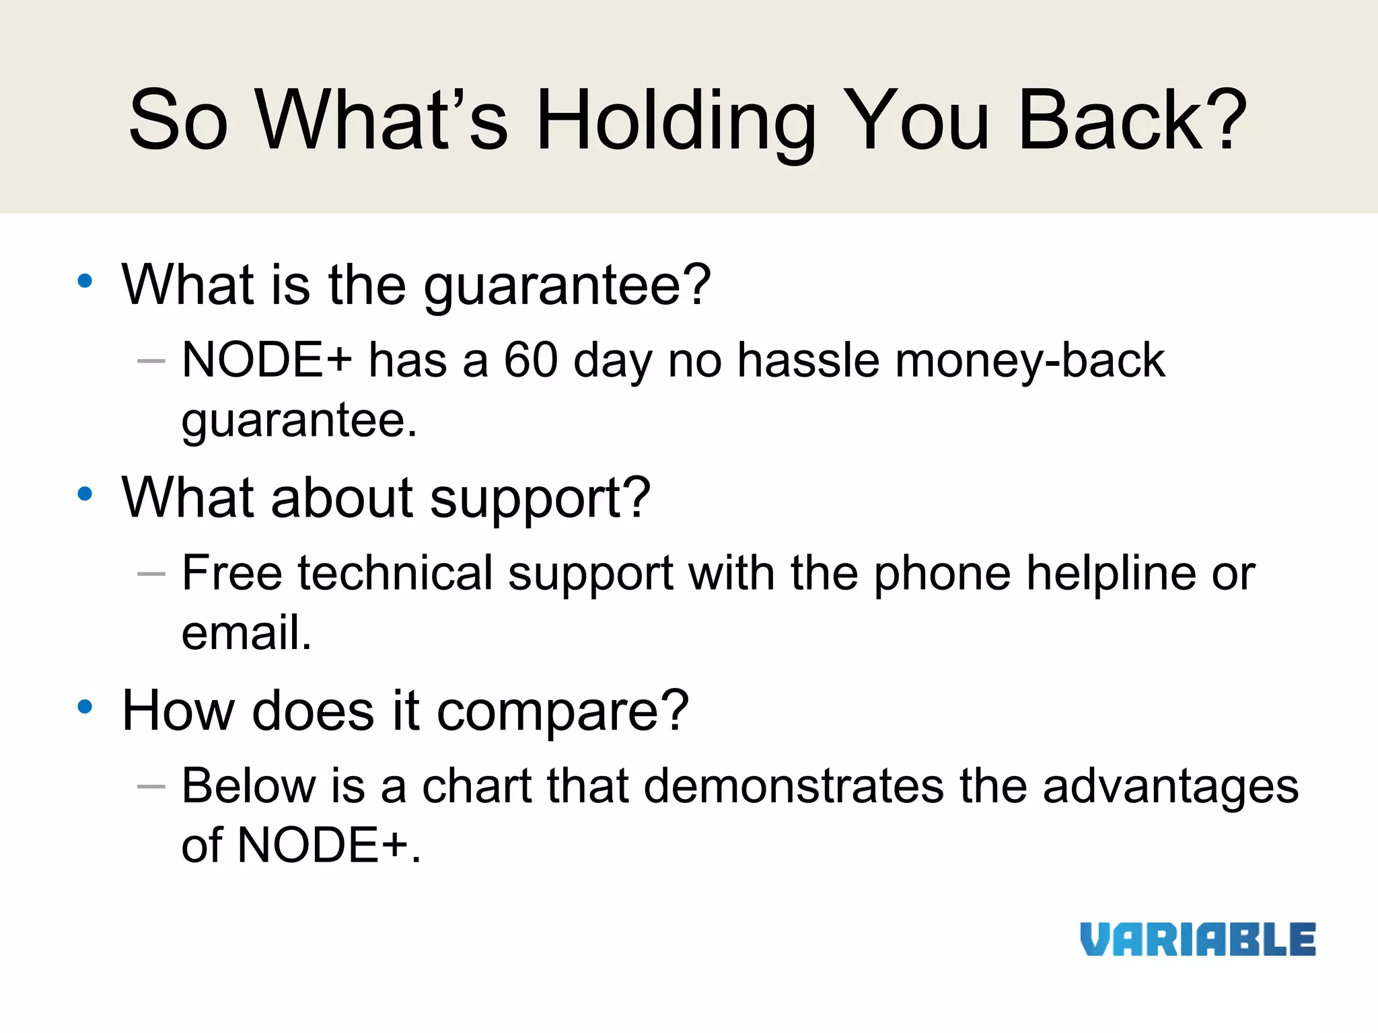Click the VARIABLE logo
pos(1198,940)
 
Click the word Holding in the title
pos(676,121)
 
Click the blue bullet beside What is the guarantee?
pos(85,281)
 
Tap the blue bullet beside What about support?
pos(85,494)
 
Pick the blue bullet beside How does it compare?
pos(85,707)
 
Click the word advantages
pos(1171,787)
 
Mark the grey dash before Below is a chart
pos(151,786)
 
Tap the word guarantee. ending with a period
pos(299,421)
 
